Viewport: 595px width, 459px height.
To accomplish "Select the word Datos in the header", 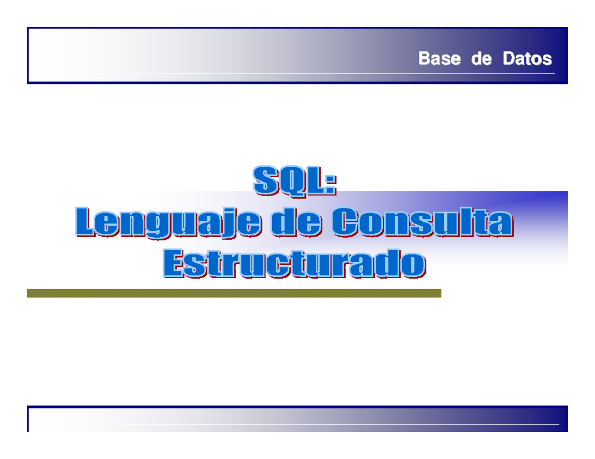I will [x=527, y=59].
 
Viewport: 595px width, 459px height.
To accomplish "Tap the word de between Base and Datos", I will [x=481, y=59].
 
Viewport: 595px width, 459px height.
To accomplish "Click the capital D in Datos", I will [x=509, y=59].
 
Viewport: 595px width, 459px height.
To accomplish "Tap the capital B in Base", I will [x=424, y=59].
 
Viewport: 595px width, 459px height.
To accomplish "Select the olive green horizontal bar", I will [x=234, y=293].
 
